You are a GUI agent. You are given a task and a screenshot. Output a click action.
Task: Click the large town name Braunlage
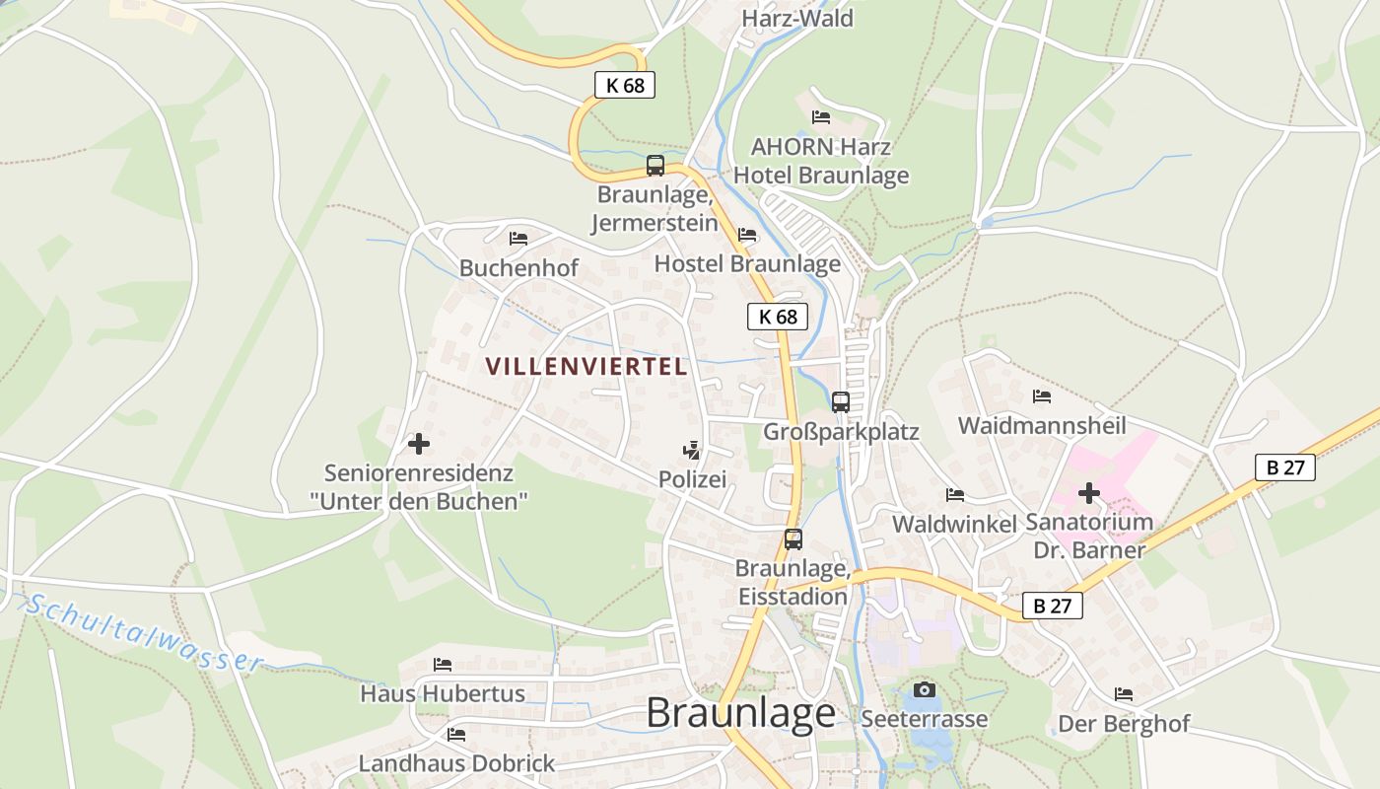[x=740, y=713]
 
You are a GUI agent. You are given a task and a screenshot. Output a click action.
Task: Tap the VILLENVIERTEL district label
[x=586, y=367]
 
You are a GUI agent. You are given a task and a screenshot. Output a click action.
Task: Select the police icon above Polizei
[x=692, y=452]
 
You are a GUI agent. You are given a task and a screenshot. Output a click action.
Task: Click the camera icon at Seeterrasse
[x=924, y=689]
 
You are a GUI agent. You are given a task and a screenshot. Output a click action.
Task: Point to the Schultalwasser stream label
[x=143, y=632]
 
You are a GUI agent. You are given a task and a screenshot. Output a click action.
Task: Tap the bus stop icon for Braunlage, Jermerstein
[x=655, y=166]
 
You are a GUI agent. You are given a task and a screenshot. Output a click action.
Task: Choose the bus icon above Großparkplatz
[x=840, y=401]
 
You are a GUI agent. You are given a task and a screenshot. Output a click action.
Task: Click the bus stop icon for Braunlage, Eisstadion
[x=793, y=539]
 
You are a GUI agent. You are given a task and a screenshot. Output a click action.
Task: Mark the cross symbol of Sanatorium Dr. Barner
[x=1088, y=492]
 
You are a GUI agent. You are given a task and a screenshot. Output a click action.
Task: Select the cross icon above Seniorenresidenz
[x=418, y=444]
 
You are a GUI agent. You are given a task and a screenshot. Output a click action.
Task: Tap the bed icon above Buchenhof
[x=518, y=239]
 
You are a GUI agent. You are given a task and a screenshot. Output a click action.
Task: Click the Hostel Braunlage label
[x=747, y=263]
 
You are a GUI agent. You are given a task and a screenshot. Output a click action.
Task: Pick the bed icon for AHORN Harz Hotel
[x=820, y=117]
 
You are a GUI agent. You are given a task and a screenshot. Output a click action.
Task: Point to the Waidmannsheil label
[x=1042, y=426]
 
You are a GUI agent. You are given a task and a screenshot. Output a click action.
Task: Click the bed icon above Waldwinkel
[x=954, y=495]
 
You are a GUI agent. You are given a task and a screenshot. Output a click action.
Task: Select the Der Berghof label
[x=1124, y=724]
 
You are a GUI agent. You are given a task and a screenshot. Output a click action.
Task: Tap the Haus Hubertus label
[x=443, y=693]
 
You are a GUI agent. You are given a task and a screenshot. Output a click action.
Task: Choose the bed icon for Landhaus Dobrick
[x=455, y=735]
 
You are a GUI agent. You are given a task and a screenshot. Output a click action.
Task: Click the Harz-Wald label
[x=796, y=18]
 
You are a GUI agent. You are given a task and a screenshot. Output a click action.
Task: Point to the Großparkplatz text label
[x=841, y=432]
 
